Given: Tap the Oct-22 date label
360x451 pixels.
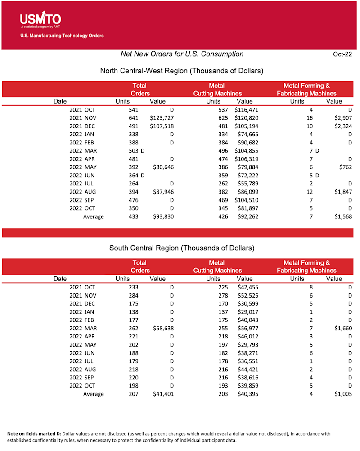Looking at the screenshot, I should (342, 54).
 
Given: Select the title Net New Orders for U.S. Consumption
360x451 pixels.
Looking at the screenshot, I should (182, 54).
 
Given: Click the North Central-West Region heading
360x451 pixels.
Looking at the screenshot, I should (181, 71).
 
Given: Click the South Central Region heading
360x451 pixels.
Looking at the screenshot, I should (181, 248).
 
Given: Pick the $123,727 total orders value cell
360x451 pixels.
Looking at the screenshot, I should (162, 118).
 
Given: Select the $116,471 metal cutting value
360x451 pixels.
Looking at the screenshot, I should (246, 110).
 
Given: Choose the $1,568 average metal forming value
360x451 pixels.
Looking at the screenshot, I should (343, 216).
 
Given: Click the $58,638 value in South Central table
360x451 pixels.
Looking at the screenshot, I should (163, 328).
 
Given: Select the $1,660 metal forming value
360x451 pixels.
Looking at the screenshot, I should (343, 328).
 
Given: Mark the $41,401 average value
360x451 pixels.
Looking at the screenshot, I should (163, 394).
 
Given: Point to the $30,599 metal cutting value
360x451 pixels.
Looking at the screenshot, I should (247, 303).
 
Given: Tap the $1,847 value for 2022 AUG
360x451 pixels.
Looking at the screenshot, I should (343, 192).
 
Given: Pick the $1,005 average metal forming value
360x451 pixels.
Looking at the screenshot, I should (343, 394).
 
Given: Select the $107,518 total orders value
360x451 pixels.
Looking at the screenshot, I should (162, 126).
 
